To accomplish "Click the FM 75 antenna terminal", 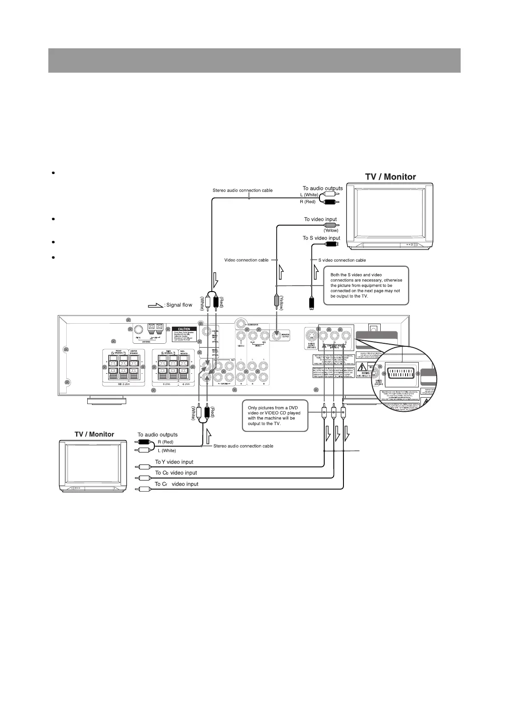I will pyautogui.click(x=138, y=330).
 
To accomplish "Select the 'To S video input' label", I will pyautogui.click(x=321, y=238).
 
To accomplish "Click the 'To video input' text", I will pyautogui.click(x=320, y=219).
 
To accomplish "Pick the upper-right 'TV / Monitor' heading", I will pyautogui.click(x=390, y=177).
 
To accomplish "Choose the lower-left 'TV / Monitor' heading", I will pyautogui.click(x=94, y=434).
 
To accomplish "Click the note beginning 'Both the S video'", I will pyautogui.click(x=366, y=285).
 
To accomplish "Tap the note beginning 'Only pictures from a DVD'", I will pyautogui.click(x=274, y=415).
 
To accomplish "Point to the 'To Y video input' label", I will pyautogui.click(x=174, y=462).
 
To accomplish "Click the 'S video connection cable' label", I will pyautogui.click(x=342, y=260).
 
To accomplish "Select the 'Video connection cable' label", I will pyautogui.click(x=246, y=260).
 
